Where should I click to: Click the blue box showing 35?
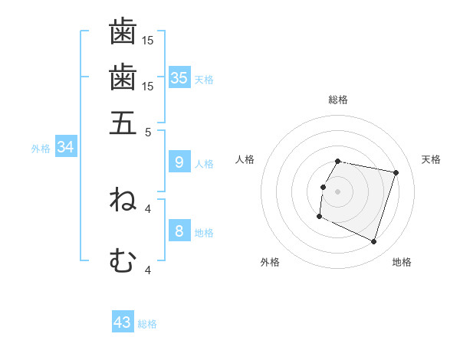click(179, 77)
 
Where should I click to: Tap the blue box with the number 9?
click(179, 162)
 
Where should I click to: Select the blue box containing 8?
click(179, 231)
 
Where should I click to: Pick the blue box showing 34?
click(65, 147)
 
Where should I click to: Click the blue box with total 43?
click(123, 322)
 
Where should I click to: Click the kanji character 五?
click(123, 123)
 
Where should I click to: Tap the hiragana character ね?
click(123, 200)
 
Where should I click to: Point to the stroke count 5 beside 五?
click(149, 131)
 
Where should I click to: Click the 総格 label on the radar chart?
click(338, 100)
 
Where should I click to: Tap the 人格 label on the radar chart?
click(245, 159)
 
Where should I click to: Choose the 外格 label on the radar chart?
click(270, 262)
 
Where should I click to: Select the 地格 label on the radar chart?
click(402, 262)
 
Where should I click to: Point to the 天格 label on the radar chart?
click(431, 159)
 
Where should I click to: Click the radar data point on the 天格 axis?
click(396, 173)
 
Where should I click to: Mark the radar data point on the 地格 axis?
click(373, 241)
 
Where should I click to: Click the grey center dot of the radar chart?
click(338, 191)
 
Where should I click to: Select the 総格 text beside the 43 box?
click(147, 324)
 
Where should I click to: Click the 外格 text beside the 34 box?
click(40, 149)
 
